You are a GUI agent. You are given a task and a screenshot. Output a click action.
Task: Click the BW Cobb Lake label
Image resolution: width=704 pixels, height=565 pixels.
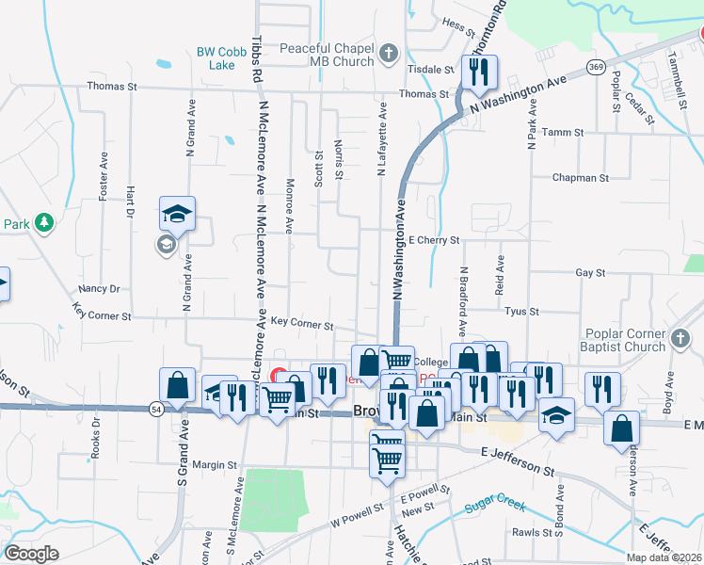coord(215,58)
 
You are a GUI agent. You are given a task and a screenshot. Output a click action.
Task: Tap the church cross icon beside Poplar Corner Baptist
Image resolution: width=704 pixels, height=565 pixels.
coord(680,336)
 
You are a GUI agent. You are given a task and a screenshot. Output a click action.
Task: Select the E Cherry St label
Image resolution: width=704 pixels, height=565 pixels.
coord(433,240)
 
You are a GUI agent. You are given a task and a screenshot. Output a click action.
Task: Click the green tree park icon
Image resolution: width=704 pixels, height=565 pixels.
coord(43,222)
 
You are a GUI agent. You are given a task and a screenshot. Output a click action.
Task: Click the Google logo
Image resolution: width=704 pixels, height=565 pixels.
coord(31,554)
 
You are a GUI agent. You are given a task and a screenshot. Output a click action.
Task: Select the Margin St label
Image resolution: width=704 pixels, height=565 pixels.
coord(215,464)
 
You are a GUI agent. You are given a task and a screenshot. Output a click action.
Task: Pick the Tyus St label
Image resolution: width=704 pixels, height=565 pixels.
coord(520,311)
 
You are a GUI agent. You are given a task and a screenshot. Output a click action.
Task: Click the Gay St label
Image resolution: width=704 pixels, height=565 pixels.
coord(589,272)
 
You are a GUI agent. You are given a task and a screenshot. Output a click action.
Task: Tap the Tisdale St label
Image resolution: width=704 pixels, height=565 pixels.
coord(430,70)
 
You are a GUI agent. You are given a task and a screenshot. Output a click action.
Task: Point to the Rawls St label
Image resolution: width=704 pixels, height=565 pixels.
coord(532,532)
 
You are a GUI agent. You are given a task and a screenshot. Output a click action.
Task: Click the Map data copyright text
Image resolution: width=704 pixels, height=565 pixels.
coord(663,557)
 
